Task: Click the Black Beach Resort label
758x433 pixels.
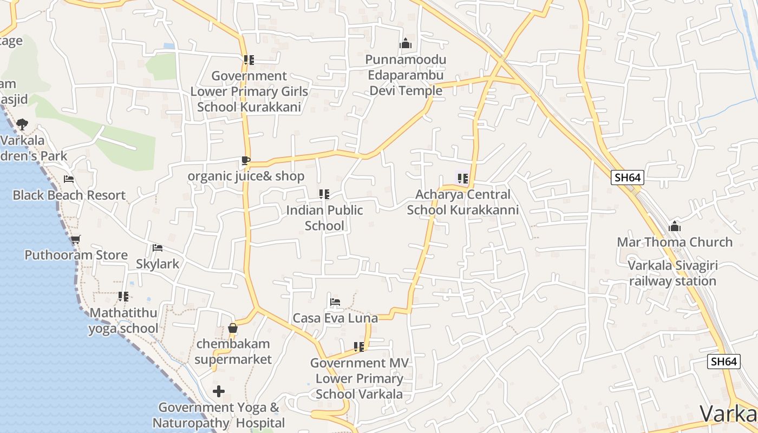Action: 69,195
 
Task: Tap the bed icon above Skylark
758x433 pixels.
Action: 158,248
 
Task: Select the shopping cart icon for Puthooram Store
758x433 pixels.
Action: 75,239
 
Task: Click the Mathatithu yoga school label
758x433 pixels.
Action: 123,320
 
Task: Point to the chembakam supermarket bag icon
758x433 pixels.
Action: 233,328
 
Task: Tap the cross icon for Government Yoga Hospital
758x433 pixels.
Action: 219,391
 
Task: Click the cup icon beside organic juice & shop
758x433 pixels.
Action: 245,161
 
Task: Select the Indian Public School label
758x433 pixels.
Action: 324,218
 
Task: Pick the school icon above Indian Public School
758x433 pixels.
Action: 324,194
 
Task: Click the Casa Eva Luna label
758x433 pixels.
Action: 335,318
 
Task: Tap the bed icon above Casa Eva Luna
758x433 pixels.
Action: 335,302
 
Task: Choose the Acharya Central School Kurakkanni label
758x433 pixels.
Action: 463,202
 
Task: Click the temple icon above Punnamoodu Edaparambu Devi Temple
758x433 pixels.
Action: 405,44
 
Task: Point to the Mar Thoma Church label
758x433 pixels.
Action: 675,242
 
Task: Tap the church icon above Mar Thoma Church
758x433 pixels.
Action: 675,226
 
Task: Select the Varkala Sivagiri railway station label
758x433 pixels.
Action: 673,273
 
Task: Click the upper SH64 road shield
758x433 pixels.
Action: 628,178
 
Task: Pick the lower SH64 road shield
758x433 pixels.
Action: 724,362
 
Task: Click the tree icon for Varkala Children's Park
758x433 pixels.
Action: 22,124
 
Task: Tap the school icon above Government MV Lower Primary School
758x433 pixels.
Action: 359,346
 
